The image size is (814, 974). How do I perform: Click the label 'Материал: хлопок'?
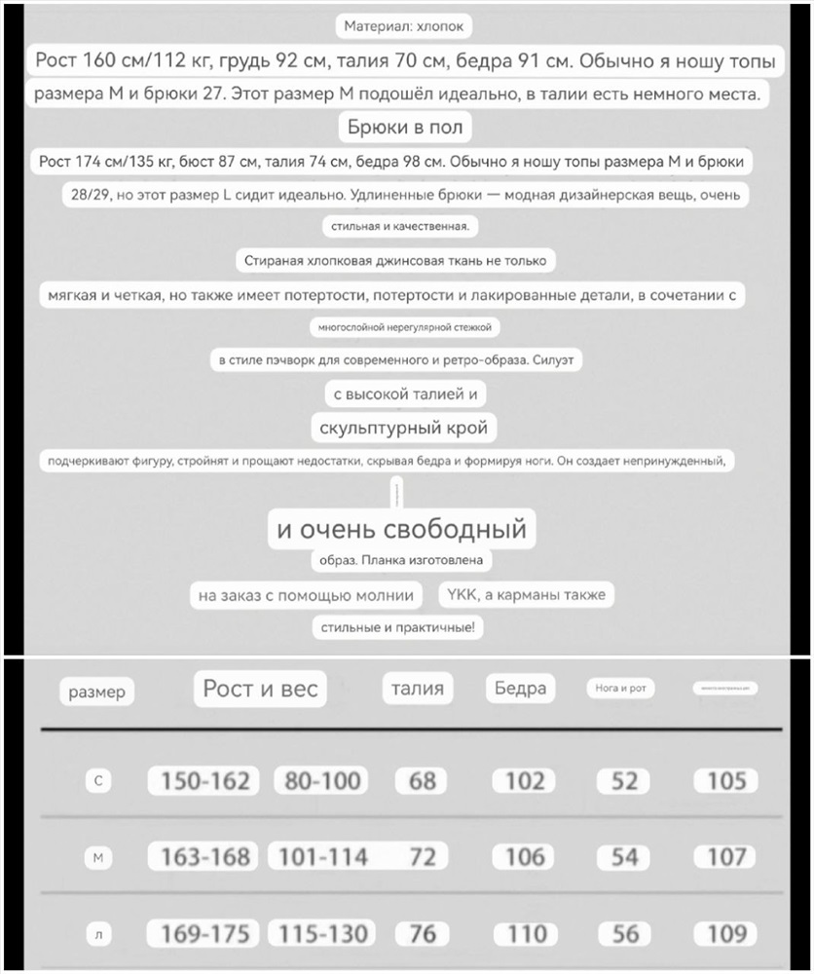tap(405, 26)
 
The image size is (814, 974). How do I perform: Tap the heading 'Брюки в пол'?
tap(405, 127)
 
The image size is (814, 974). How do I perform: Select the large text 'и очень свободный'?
tap(401, 529)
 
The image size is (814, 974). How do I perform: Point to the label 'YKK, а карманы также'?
tap(526, 594)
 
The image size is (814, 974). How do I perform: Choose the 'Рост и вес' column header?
tap(260, 689)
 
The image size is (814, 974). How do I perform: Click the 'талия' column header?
tap(417, 689)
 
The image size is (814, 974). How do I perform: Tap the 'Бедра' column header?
tap(520, 689)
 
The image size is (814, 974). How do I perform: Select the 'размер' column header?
tap(97, 693)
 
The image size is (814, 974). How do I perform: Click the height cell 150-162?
tap(204, 780)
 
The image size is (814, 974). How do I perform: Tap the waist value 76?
tap(423, 933)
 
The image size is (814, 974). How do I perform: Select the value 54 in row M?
tap(624, 857)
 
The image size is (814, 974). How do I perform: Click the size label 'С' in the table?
tap(97, 780)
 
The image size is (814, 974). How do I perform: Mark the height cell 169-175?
tap(204, 933)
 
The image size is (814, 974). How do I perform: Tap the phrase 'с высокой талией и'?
tap(404, 393)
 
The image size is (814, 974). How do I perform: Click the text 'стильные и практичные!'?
tap(398, 627)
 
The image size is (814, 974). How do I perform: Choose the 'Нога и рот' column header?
tap(621, 689)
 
